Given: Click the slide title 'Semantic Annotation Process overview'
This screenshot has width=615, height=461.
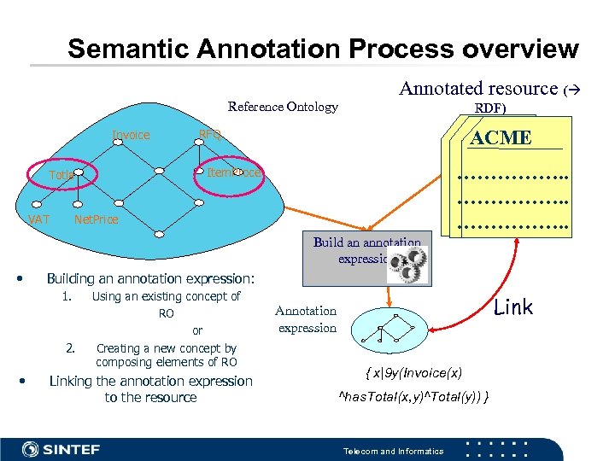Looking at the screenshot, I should pos(323,49).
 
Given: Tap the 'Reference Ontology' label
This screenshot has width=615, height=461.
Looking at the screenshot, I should pos(283,107).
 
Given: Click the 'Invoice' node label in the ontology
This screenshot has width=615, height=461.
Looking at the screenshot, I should pos(131,135).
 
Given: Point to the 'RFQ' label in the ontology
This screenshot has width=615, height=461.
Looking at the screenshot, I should pos(210,135).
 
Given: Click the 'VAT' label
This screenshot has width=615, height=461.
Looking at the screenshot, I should pos(38,219).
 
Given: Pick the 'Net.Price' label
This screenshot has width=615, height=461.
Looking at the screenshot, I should pos(97,220).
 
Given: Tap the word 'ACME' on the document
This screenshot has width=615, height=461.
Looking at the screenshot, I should pos(501,137).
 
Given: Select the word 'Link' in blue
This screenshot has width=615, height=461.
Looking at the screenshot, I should pos(513,307).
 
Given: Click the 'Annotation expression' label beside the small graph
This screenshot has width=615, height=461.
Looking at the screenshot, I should pos(306,319).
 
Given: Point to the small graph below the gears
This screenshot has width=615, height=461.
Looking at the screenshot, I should pos(387,329).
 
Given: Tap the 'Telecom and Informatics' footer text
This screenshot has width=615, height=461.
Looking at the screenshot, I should pos(393,451).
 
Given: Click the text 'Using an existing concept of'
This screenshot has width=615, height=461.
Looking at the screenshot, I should pos(166,296).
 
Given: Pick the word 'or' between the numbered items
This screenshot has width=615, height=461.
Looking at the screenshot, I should pos(197,330).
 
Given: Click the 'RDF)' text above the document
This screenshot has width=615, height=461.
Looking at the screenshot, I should pos(490,108).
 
